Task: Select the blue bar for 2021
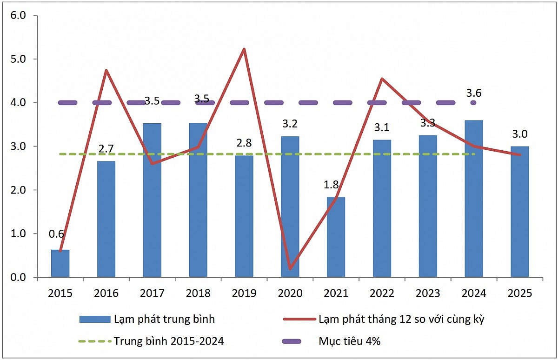(336, 237)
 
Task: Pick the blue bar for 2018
(198, 200)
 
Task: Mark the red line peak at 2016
(106, 70)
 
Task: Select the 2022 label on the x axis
(382, 293)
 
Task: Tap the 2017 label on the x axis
(152, 293)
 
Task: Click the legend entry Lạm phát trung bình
(164, 319)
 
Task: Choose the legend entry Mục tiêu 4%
(349, 341)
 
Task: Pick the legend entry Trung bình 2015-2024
(169, 341)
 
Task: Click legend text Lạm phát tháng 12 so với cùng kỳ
(402, 319)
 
